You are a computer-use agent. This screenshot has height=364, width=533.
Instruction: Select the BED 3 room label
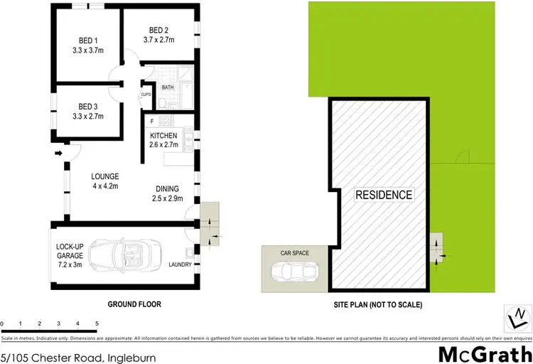(x=87, y=111)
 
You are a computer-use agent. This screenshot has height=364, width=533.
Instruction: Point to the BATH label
(x=168, y=87)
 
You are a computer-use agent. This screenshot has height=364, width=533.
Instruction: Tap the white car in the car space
(x=294, y=270)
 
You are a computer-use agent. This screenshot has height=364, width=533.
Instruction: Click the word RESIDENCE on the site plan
(x=384, y=195)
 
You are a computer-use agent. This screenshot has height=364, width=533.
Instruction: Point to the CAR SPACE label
(x=295, y=252)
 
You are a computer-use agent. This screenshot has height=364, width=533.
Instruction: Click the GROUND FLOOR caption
(x=134, y=304)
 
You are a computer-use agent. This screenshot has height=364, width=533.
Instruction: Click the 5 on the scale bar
(x=96, y=323)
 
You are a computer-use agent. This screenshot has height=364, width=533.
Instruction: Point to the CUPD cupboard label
(x=146, y=94)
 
